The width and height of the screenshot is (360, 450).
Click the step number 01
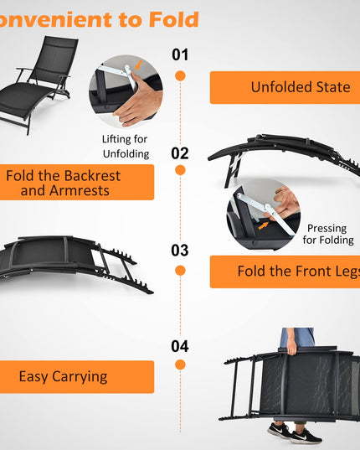click(x=180, y=54)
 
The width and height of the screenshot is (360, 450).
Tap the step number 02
click(x=180, y=153)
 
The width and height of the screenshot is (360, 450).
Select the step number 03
click(x=180, y=251)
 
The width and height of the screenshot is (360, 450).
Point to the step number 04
click(x=180, y=346)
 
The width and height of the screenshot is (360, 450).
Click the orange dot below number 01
click(x=180, y=75)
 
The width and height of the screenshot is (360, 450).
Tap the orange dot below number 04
click(x=180, y=365)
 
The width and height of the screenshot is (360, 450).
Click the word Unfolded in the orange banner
click(x=282, y=87)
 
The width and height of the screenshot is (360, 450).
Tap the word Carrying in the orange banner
click(x=80, y=377)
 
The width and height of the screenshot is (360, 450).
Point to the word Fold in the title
click(x=174, y=19)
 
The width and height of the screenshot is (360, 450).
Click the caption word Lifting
click(x=116, y=139)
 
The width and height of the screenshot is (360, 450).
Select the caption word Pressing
click(x=327, y=229)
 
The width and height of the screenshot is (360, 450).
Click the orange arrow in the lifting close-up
click(x=138, y=65)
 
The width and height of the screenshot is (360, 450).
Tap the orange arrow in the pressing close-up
click(x=264, y=225)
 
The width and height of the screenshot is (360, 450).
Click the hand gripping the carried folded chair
click(x=292, y=347)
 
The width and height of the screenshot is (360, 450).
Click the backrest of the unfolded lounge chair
click(x=54, y=60)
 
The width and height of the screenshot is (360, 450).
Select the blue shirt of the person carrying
click(x=296, y=338)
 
